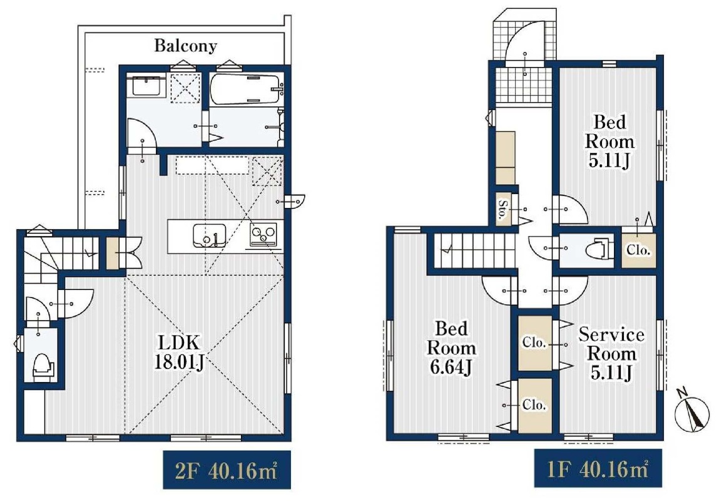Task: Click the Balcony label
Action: pos(185,46)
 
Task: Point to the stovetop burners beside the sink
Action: pos(263,234)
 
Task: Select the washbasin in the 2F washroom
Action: pos(146,86)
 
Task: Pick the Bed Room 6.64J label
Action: pos(452,348)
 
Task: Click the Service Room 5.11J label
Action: pos(611,353)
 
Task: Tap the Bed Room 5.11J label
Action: pos(610,142)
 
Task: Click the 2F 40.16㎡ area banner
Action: pos(227,470)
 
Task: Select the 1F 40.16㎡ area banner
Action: pos(598,468)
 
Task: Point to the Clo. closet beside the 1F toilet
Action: pos(638,250)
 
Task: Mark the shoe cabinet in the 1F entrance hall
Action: pos(506,158)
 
